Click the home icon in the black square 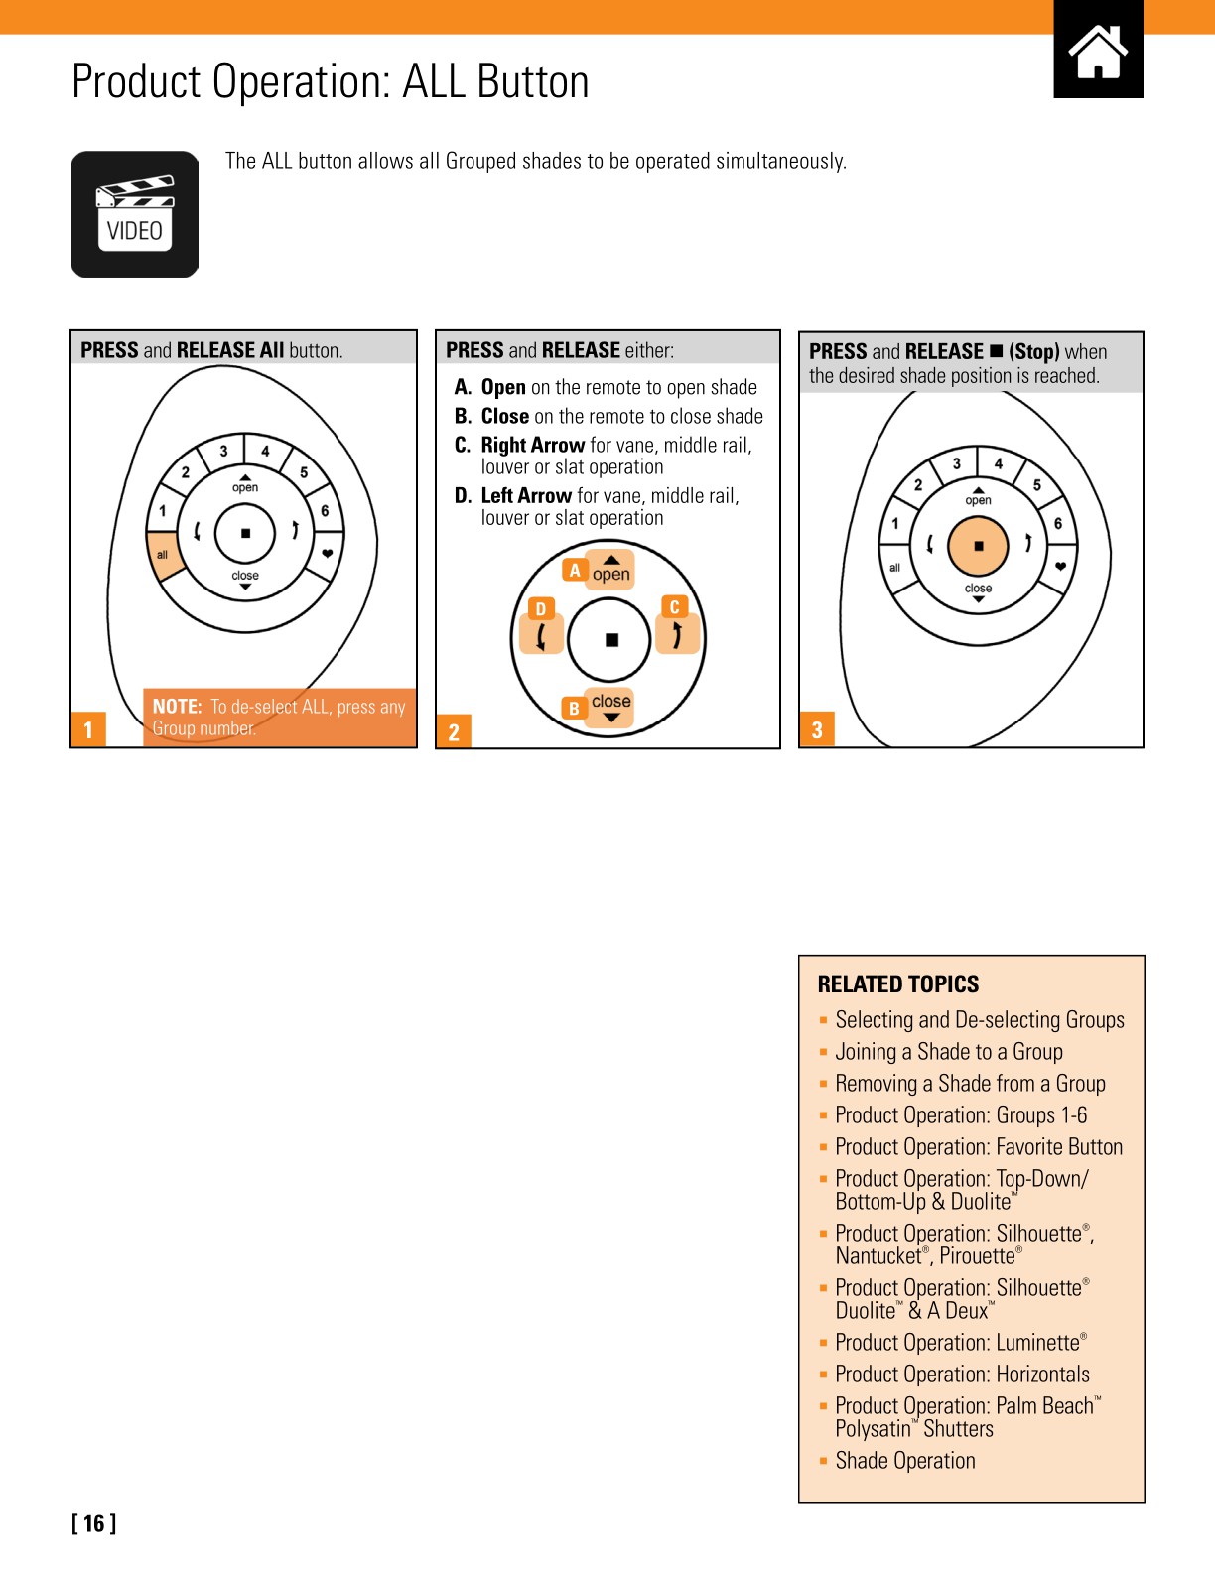point(1098,53)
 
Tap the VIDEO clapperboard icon point(135,214)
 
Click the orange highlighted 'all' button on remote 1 point(164,556)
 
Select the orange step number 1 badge point(88,729)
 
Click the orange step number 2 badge point(454,731)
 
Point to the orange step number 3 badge point(817,729)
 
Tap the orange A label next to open point(574,570)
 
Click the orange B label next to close point(574,708)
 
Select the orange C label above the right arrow point(674,607)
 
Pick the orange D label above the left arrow point(540,609)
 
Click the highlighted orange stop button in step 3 point(978,546)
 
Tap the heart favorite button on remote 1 point(327,554)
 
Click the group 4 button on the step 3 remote point(999,463)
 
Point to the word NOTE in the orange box point(177,707)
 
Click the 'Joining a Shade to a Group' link point(948,1052)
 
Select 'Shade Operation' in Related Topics point(904,1461)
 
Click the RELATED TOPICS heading point(897,984)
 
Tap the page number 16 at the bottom point(94,1523)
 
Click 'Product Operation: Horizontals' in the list point(962,1375)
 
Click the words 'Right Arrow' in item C point(532,446)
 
